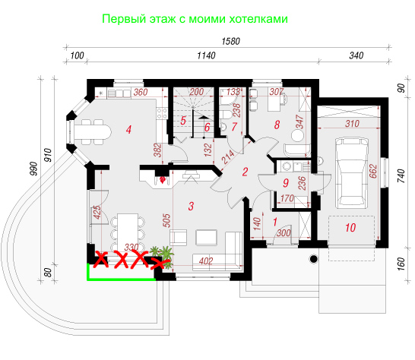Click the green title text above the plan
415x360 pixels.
pyautogui.click(x=195, y=19)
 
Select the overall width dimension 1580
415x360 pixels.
pyautogui.click(x=231, y=41)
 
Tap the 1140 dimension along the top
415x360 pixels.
pyautogui.click(x=206, y=55)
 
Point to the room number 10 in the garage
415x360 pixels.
pyautogui.click(x=350, y=228)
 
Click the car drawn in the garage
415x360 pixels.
pyautogui.click(x=351, y=172)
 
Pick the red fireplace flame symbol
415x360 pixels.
pyautogui.click(x=163, y=180)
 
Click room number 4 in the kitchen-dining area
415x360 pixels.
pyautogui.click(x=128, y=130)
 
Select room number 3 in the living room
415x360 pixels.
pyautogui.click(x=191, y=206)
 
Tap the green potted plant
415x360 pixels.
pyautogui.click(x=163, y=256)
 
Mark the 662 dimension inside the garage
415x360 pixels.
pyautogui.click(x=372, y=171)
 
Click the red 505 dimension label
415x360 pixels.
pyautogui.click(x=166, y=220)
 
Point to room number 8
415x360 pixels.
pyautogui.click(x=277, y=125)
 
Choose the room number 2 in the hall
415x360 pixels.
pyautogui.click(x=245, y=172)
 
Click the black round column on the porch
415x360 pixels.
pyautogui.click(x=314, y=259)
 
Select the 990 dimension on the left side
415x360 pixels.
pyautogui.click(x=34, y=169)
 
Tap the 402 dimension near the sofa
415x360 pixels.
pyautogui.click(x=206, y=261)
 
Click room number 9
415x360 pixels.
pyautogui.click(x=286, y=183)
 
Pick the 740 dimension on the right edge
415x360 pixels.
pyautogui.click(x=401, y=175)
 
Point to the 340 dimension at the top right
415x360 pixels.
pyautogui.click(x=356, y=55)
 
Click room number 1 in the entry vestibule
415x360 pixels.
pyautogui.click(x=275, y=222)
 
